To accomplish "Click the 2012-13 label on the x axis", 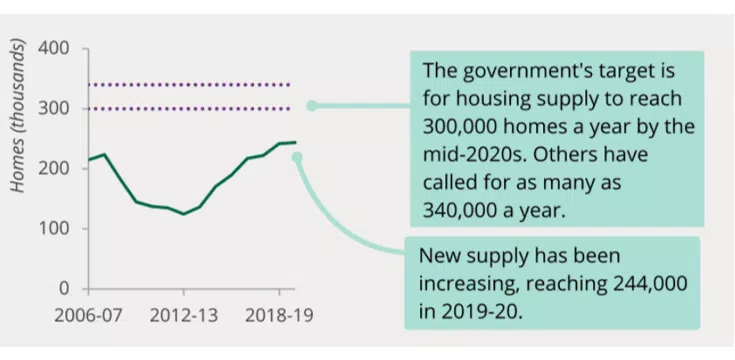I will click(x=184, y=315).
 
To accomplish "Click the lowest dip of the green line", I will click(x=183, y=214).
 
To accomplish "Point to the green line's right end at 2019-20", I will click(x=294, y=142).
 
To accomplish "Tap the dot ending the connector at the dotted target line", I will click(x=311, y=105).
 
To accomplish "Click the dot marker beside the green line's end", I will click(x=297, y=156).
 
